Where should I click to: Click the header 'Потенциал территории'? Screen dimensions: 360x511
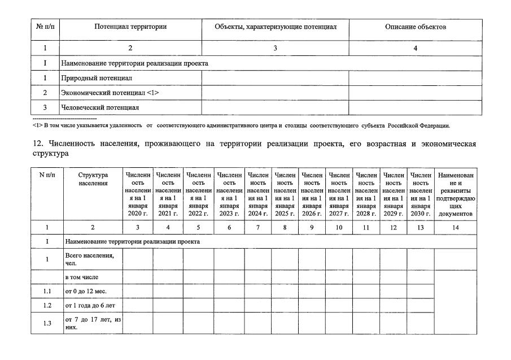pyautogui.click(x=130, y=27)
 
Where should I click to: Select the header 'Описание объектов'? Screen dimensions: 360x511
pyautogui.click(x=416, y=27)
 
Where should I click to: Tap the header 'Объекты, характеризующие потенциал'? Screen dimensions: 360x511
pyautogui.click(x=276, y=27)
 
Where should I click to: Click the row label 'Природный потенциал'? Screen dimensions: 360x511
pyautogui.click(x=93, y=78)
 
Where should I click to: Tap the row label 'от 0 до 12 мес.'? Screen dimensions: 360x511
pyautogui.click(x=86, y=291)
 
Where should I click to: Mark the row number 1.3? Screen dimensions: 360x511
pyautogui.click(x=47, y=323)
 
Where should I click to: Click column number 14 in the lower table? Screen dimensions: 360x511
pyautogui.click(x=456, y=227)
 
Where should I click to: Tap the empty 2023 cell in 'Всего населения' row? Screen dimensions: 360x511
pyautogui.click(x=229, y=259)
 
